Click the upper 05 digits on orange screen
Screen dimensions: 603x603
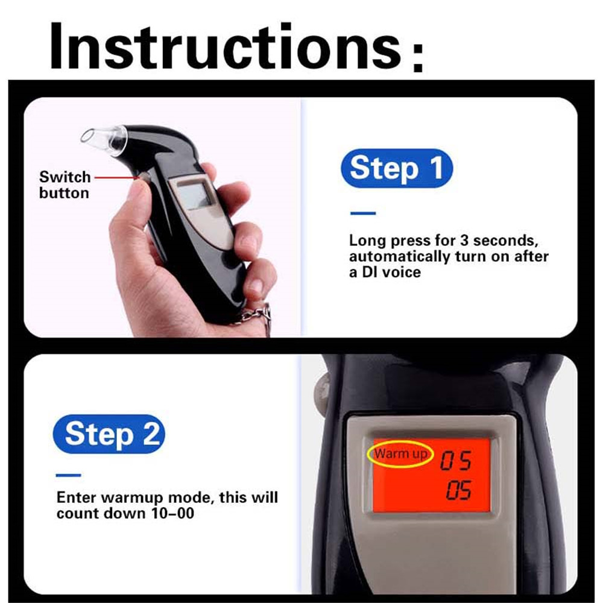[455, 462]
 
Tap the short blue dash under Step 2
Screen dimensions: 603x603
[68, 475]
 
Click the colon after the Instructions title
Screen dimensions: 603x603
[416, 57]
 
